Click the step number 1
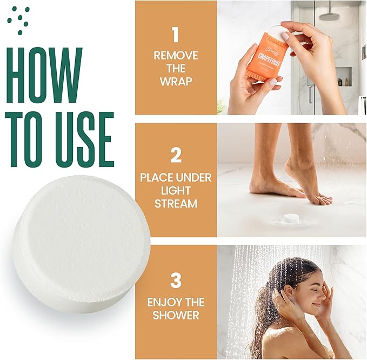pos(175,35)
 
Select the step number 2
pos(175,156)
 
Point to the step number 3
pos(175,281)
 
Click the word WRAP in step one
pos(175,82)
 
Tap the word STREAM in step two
pos(175,204)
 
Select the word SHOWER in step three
pos(175,316)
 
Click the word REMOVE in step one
pos(175,55)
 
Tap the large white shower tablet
pos(81,243)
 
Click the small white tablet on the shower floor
pos(292,218)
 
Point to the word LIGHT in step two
pos(175,191)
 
